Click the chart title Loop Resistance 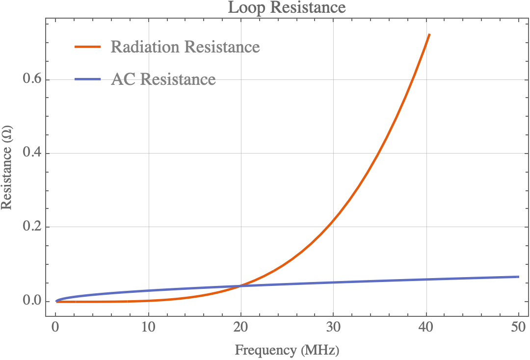tap(287, 8)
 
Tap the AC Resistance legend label tap(163, 79)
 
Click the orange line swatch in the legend tap(88, 47)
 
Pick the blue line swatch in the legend tap(88, 79)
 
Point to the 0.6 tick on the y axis tap(32, 79)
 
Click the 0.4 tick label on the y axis tap(32, 154)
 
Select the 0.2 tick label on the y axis tap(32, 227)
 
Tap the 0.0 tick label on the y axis tap(32, 301)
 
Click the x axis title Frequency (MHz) tap(287, 350)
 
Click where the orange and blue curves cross tap(240, 285)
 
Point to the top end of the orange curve tap(429, 35)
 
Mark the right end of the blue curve tap(519, 277)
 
